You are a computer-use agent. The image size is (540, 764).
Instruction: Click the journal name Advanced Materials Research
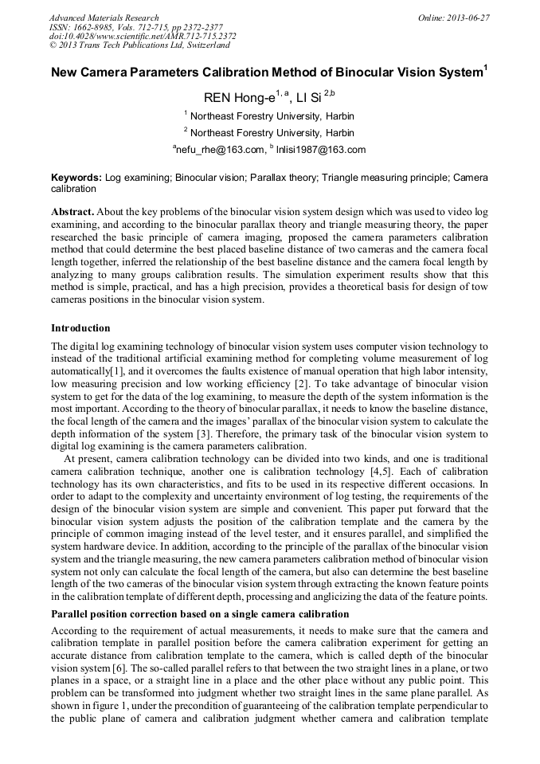104,18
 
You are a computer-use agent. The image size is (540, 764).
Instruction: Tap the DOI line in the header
143,36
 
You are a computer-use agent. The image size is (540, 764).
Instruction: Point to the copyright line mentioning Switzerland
139,45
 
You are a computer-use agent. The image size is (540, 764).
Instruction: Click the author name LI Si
309,99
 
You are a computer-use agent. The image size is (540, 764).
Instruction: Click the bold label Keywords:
76,178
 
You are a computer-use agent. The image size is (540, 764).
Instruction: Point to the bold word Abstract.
72,212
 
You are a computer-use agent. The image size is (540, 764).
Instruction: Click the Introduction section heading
80,328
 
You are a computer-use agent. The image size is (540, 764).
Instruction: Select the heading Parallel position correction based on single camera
200,614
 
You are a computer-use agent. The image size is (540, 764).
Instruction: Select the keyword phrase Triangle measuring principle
386,178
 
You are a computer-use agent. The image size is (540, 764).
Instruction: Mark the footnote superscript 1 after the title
486,68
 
